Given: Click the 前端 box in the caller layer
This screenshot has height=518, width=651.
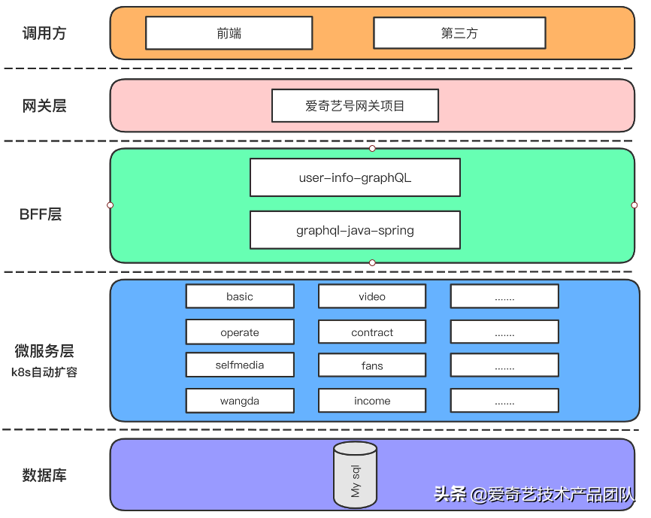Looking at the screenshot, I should [229, 33].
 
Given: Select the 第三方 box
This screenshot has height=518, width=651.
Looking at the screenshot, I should [459, 33].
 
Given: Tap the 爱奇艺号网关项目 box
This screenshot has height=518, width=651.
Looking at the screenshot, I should [355, 106].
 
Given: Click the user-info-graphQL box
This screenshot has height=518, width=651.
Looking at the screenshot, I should [355, 178].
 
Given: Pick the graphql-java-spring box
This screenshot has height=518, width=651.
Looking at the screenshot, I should [355, 230].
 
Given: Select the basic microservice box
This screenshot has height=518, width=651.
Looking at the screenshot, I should [240, 296].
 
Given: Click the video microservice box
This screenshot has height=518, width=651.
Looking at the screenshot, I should [372, 296].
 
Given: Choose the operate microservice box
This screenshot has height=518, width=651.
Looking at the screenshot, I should [240, 332].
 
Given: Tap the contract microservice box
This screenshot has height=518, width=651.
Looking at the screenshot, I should [372, 332].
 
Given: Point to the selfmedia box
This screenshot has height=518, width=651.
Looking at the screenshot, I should [240, 365].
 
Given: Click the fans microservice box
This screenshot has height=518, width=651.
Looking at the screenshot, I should [372, 366].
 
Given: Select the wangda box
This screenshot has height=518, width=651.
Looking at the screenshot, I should [240, 401].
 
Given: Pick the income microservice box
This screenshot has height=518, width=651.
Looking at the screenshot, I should [372, 401].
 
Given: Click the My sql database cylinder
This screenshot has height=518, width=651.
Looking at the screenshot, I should [356, 474].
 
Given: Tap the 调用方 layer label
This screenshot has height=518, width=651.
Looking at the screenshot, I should [44, 34].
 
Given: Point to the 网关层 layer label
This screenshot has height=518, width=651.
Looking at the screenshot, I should [44, 106].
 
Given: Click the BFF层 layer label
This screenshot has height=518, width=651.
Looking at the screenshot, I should [41, 214].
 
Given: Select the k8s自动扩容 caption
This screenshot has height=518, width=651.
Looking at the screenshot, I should [44, 371].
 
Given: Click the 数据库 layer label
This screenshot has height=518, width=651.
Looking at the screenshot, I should [44, 475].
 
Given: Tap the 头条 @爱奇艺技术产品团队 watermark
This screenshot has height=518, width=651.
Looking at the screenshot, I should [534, 494].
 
